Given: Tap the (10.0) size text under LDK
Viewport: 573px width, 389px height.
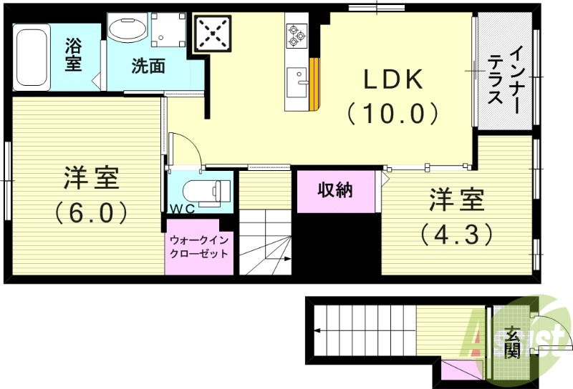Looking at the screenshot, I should pos(392,113).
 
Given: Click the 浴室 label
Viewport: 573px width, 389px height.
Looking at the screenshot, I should pos(74,55).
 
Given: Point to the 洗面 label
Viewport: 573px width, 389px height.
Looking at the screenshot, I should pos(148,67).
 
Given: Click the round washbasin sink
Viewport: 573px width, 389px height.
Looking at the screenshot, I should pos(128,29).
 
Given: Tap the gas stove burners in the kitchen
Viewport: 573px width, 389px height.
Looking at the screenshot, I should pos(297,34).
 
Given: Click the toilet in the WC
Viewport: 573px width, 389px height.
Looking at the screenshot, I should pos(206,191).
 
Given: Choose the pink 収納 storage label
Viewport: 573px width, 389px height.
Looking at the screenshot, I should pos(335,190).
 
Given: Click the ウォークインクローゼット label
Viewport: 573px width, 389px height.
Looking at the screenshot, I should pos(199,246).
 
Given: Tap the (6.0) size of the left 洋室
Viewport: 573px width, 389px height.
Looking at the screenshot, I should pos(91,212).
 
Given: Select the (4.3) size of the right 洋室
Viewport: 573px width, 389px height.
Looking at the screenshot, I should pos(456,234).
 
